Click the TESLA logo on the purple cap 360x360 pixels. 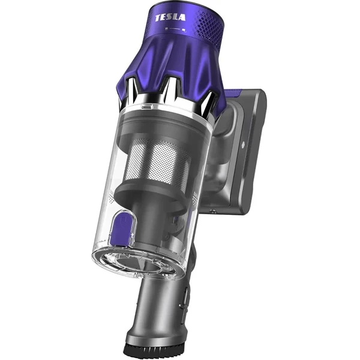coord(170,17)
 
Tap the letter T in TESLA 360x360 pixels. coord(158,19)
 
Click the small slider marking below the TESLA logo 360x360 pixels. coord(176,29)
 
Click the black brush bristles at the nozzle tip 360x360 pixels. coord(152,350)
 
